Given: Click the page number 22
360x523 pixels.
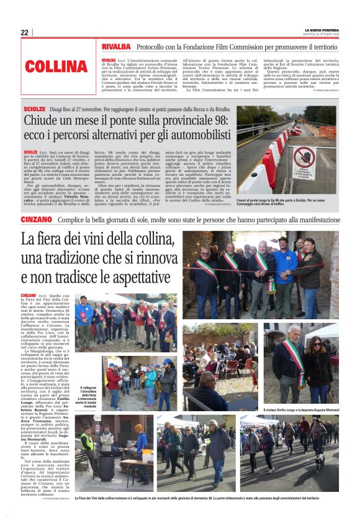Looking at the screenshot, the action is [x=25, y=32].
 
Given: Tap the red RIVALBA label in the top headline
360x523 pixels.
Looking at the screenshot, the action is [x=116, y=47].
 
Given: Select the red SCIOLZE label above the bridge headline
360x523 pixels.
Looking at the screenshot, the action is [x=34, y=109].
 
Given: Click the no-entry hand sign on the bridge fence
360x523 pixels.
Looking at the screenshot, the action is [x=304, y=161].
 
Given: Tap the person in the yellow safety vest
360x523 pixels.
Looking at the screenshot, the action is [x=88, y=447].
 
